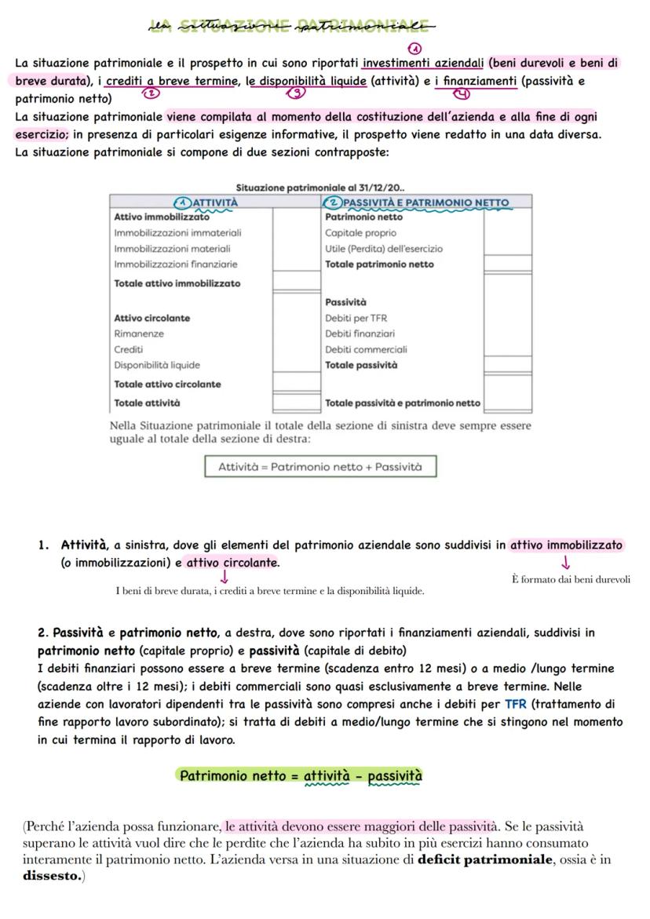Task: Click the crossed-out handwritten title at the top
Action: (x=290, y=27)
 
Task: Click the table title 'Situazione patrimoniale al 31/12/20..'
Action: (x=320, y=188)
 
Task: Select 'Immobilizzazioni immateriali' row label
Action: (x=177, y=233)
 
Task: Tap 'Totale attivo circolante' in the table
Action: (x=167, y=385)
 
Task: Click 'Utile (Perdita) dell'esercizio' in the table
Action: (x=383, y=249)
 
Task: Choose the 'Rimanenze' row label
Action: (x=138, y=334)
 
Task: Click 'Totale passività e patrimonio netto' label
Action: (x=402, y=403)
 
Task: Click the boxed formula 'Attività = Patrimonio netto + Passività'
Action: (x=320, y=467)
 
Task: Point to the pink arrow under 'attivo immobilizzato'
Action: (x=566, y=563)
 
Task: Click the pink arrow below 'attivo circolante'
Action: (x=225, y=578)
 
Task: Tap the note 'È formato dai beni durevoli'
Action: (x=571, y=580)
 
